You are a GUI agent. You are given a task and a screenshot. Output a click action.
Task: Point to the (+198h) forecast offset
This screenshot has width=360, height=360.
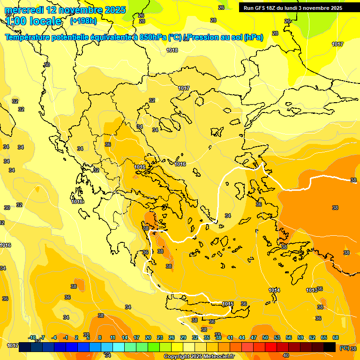point(83,21)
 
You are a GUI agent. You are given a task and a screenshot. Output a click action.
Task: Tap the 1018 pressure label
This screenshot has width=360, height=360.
point(172,50)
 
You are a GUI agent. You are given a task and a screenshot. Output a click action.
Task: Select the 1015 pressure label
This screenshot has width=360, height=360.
point(228,304)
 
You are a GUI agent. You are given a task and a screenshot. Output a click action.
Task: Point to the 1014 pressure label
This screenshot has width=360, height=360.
point(274,290)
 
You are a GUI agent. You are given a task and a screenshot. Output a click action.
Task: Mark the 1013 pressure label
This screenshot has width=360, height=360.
point(311,290)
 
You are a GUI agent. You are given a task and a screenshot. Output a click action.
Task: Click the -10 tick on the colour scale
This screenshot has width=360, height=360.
point(32,337)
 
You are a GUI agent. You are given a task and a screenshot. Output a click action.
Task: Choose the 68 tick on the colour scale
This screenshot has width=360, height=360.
point(336,337)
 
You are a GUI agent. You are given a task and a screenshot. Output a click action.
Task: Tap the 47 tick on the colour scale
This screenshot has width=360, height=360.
point(254,337)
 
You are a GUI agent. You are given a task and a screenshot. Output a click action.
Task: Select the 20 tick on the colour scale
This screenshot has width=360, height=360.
point(148,337)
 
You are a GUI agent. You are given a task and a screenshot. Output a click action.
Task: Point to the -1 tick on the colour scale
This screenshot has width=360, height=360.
point(66,337)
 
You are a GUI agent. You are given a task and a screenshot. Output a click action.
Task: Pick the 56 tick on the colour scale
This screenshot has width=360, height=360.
point(289,337)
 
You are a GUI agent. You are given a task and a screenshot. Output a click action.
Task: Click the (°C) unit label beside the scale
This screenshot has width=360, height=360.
point(344,348)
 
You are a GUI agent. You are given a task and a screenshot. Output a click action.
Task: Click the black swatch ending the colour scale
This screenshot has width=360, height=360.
point(330,347)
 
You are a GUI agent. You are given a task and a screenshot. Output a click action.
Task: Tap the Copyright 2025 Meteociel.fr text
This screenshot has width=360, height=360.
point(199,356)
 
